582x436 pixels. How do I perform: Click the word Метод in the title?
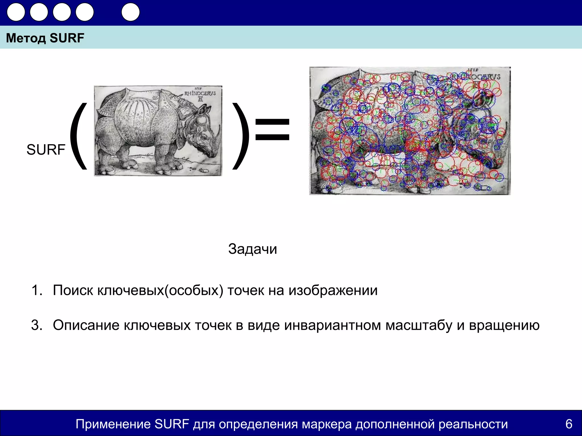[x=26, y=38]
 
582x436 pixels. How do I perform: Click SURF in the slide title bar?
[x=67, y=38]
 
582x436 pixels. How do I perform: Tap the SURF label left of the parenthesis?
[x=46, y=150]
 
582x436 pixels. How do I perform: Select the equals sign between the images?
[x=272, y=129]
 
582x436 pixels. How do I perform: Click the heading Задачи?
[x=252, y=249]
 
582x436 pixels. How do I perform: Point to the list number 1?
[x=37, y=290]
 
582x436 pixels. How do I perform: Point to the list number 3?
[x=37, y=325]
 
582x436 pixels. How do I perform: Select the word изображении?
[x=333, y=290]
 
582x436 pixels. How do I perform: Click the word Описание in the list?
[x=86, y=325]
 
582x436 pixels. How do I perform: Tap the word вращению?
[x=504, y=325]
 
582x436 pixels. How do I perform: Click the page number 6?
[x=569, y=424]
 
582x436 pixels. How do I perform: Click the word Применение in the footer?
[x=113, y=424]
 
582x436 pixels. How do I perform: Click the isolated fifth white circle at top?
[x=130, y=12]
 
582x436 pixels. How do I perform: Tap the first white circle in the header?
[x=16, y=12]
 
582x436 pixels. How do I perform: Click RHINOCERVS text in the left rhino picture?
[x=200, y=93]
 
